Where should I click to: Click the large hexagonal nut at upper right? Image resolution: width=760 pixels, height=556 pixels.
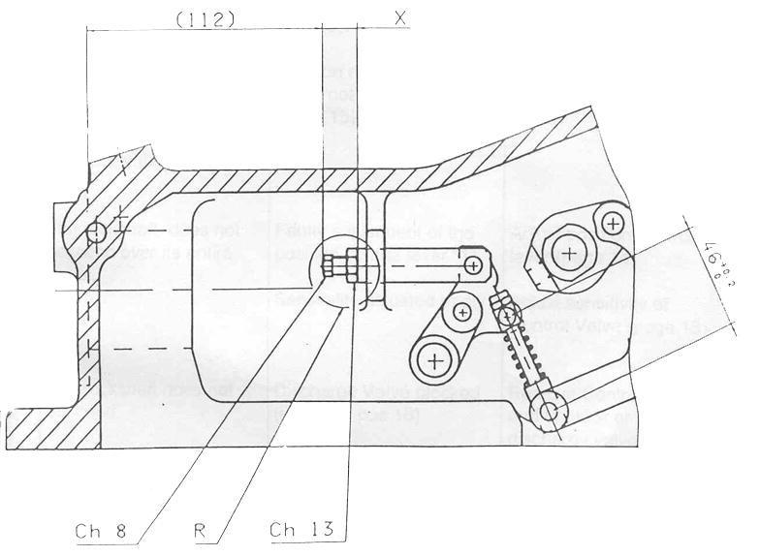pos(568,255)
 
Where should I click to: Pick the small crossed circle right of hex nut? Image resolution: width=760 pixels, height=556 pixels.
pos(612,224)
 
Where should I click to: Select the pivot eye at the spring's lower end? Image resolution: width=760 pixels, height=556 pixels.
pos(549,411)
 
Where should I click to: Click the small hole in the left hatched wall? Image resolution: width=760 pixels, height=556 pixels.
pos(95,232)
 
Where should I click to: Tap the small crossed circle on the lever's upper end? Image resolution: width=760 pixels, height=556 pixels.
pos(461,312)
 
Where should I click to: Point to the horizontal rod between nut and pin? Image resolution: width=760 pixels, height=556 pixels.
pos(412,263)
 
